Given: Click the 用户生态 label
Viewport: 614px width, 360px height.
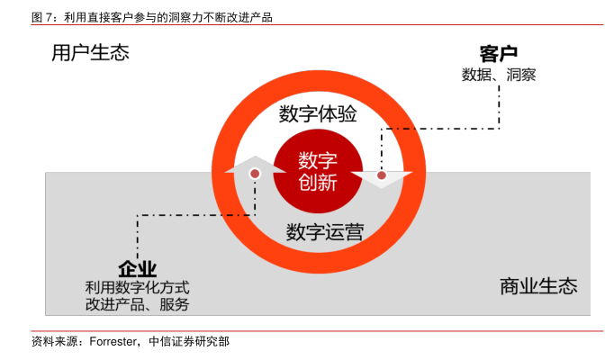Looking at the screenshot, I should coord(90,53).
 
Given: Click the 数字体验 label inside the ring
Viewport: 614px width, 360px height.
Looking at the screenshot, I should coord(317,114).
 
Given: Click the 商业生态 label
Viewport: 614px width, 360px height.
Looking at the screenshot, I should coord(538,287).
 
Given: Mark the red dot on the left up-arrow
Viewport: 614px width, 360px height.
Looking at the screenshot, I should coord(256,173).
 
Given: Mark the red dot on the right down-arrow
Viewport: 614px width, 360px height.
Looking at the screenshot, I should coord(382,175).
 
